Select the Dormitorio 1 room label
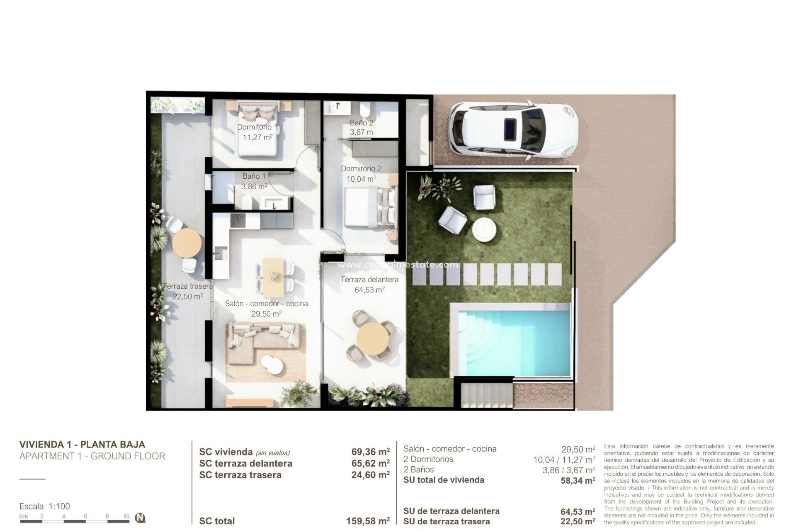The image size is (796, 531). point(257,127)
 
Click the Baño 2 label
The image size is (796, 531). point(361,123)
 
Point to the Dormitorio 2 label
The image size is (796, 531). point(361,169)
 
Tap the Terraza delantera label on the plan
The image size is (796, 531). point(369,280)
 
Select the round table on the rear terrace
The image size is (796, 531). point(187,243)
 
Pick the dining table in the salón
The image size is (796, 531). point(274,275)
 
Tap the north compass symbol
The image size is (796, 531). point(141,518)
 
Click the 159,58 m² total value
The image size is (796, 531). point(368,521)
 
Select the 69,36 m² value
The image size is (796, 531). point(370,452)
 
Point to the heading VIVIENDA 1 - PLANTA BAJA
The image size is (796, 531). point(82,444)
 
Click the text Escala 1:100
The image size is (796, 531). point(45,506)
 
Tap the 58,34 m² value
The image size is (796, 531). point(578,480)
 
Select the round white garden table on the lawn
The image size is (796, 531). point(484,229)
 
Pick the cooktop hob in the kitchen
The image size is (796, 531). point(238,220)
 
